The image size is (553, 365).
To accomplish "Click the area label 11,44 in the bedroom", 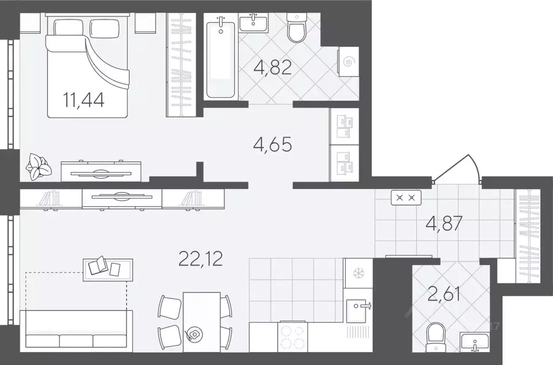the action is (84, 100).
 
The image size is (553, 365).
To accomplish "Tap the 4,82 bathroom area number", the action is (273, 67).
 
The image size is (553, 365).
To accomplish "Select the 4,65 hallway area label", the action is (273, 144).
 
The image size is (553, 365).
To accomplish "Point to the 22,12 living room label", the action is (201, 259).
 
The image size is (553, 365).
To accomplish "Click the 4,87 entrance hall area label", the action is (444, 223).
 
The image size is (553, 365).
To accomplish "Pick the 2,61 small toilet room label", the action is (443, 295).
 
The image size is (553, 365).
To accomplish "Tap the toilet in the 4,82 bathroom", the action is (297, 28).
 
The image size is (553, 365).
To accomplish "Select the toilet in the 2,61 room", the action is (436, 337).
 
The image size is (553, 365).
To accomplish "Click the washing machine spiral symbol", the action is (348, 63).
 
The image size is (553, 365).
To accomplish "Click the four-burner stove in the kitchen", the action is (293, 337).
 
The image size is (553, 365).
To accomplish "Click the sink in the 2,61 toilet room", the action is (474, 342).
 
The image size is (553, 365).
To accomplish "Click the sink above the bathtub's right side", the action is (253, 23).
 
